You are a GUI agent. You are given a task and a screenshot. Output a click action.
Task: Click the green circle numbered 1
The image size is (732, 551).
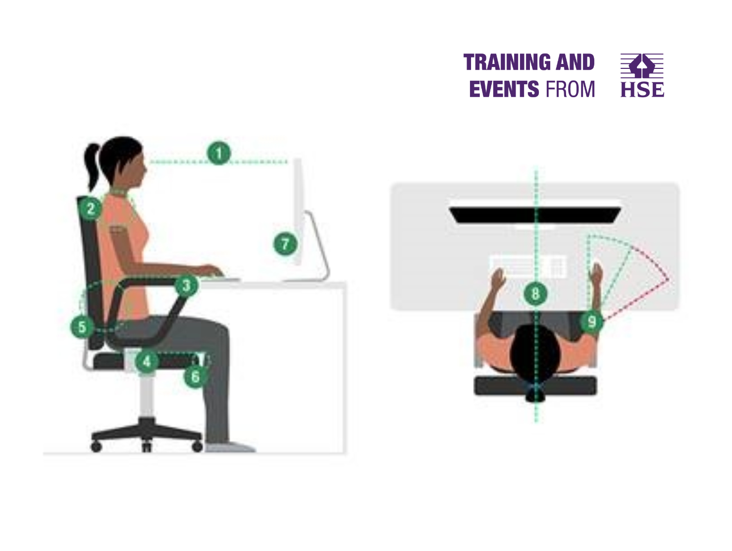[219, 153]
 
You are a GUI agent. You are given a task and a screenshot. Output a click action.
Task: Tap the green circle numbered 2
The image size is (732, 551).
[91, 209]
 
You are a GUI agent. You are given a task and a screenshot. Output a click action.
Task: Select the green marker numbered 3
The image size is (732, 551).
[186, 285]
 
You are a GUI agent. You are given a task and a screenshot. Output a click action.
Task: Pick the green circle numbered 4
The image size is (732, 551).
[147, 361]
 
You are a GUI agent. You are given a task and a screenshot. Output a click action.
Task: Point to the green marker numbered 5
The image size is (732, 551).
[82, 327]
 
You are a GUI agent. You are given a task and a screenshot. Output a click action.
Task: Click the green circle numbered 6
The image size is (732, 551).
[195, 377]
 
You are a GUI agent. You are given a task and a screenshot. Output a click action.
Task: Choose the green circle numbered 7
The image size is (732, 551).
[285, 244]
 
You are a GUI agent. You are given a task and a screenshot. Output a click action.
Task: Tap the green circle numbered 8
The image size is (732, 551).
[535, 294]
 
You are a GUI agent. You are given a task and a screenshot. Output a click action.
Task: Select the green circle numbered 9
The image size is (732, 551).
[592, 322]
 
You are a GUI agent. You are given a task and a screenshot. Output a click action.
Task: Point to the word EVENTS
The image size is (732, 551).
[504, 89]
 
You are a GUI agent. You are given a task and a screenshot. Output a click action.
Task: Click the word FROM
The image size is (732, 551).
[570, 89]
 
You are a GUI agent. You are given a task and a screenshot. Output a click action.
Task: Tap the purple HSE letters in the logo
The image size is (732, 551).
[642, 90]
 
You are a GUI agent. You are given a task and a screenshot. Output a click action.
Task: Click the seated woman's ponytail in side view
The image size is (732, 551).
[92, 166]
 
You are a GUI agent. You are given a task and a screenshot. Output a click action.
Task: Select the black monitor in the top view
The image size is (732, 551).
[535, 216]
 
